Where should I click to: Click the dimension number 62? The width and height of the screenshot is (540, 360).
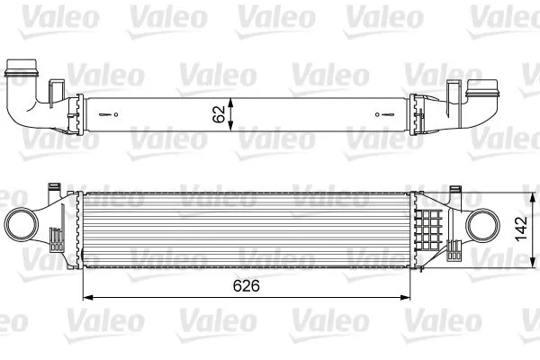[216, 114]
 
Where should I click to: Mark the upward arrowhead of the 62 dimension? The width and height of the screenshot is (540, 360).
[232, 100]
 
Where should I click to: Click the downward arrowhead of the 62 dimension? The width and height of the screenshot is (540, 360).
[232, 128]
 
